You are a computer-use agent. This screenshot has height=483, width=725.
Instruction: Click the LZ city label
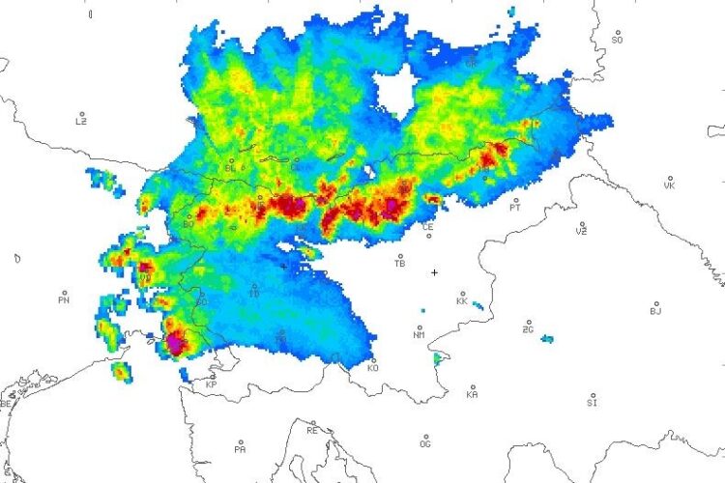click(81, 122)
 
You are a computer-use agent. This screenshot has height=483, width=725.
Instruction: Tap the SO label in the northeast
click(618, 40)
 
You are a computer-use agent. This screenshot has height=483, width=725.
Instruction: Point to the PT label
click(515, 207)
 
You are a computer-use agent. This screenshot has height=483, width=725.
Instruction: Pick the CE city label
click(427, 227)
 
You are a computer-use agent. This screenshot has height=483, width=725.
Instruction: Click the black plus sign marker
click(434, 272)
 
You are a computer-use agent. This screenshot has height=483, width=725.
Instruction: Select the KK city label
click(462, 302)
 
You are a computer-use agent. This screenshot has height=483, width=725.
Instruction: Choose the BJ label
click(655, 311)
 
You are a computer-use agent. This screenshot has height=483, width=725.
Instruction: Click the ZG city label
click(528, 329)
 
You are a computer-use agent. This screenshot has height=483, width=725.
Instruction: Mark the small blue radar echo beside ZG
click(547, 339)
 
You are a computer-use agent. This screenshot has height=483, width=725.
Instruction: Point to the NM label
click(419, 335)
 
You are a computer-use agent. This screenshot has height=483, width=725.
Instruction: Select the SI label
click(593, 404)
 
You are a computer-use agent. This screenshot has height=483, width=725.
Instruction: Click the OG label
click(425, 445)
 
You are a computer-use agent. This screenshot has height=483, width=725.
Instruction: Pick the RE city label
click(312, 431)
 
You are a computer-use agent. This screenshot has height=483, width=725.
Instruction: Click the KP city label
click(211, 384)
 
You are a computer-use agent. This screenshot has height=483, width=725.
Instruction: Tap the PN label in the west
click(64, 300)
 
